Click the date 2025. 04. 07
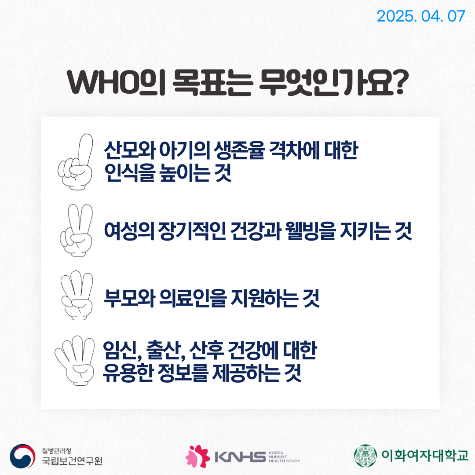coord(421,16)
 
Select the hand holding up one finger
coord(76,162)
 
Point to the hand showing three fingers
coord(77,295)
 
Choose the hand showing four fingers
coord(74,361)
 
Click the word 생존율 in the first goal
coord(239,150)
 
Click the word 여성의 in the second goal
coord(129,231)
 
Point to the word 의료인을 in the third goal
coord(193,298)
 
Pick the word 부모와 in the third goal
coord(129,298)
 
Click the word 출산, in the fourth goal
coord(166,351)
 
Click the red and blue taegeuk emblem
coord(22,456)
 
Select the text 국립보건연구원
coord(72,461)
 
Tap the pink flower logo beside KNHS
coord(197,456)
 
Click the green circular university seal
coord(365,456)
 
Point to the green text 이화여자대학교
coord(425,455)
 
